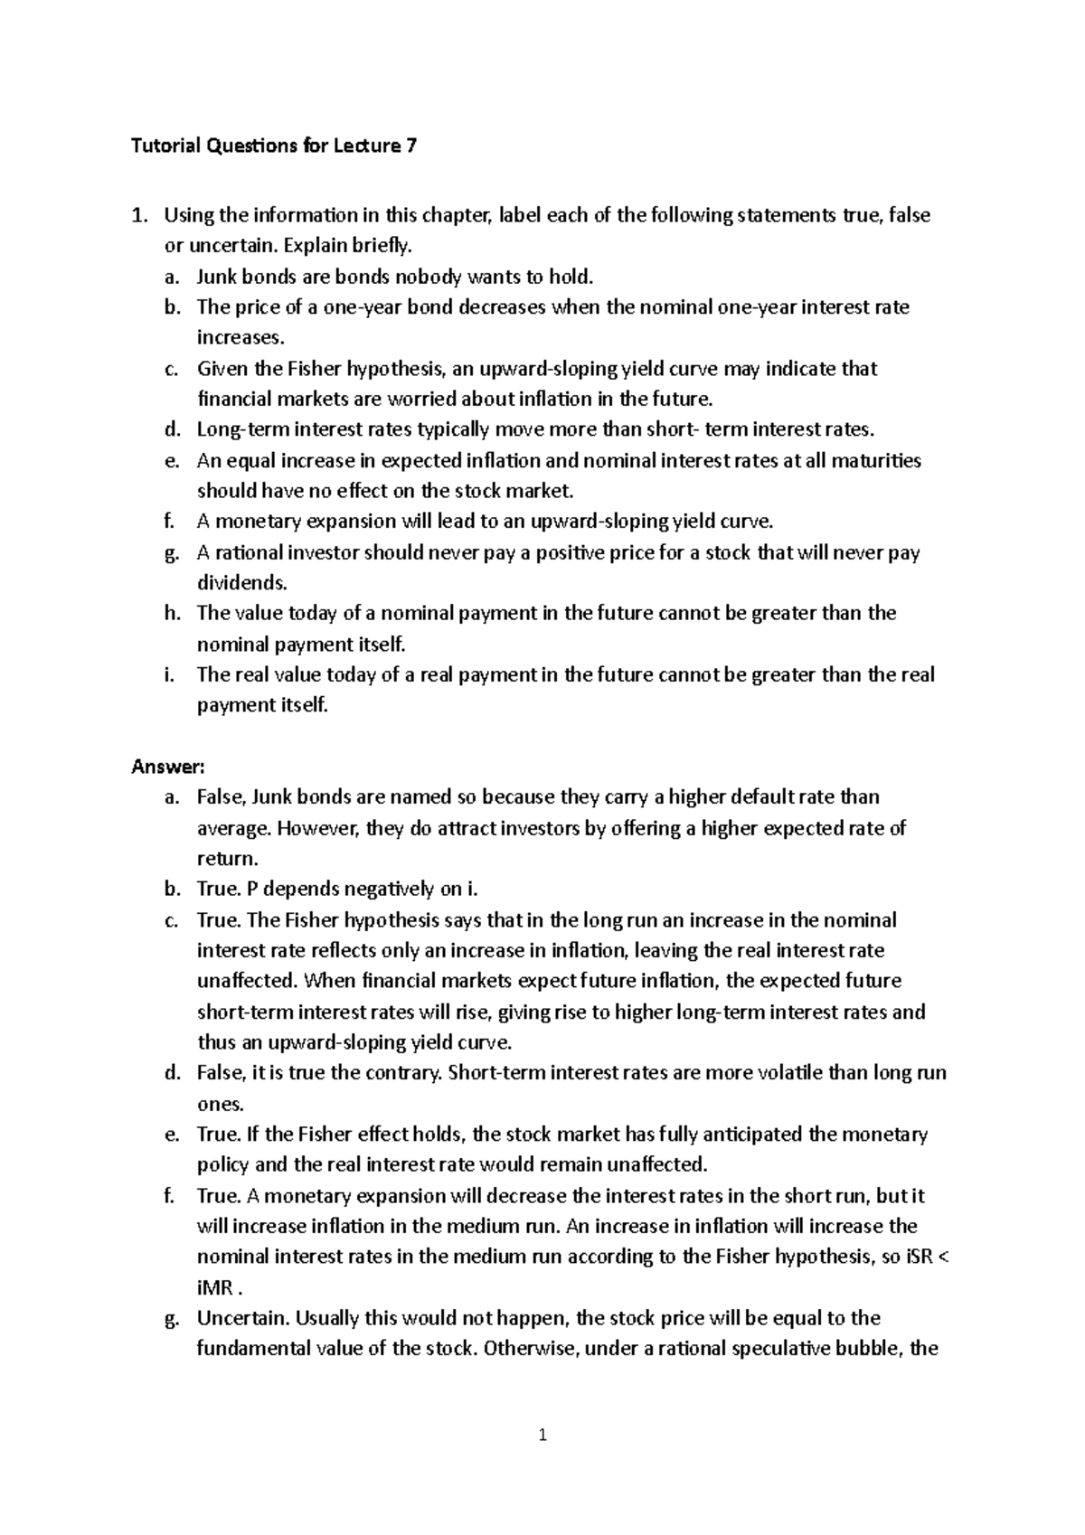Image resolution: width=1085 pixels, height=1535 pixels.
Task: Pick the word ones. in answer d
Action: pos(220,1104)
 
